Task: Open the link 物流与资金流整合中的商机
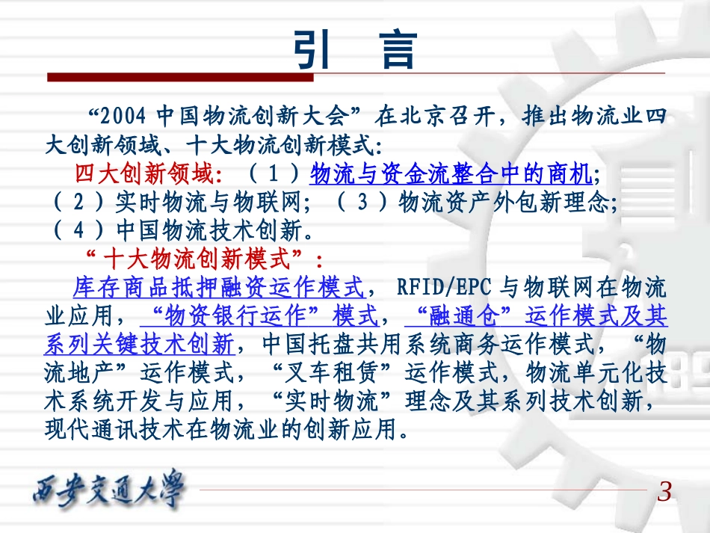(x=451, y=174)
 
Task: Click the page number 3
(x=664, y=493)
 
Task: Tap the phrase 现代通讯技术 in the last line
(x=116, y=428)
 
